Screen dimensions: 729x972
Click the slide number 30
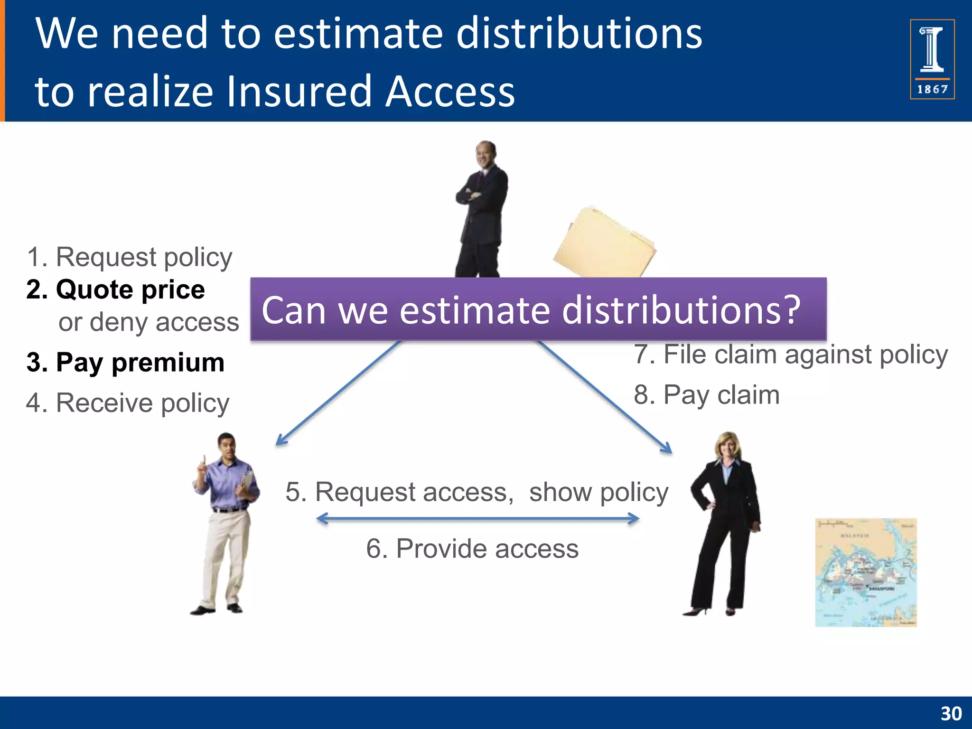point(951,713)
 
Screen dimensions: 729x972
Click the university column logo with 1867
point(932,59)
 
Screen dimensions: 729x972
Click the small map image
point(866,572)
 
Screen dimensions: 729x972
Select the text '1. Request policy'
point(129,257)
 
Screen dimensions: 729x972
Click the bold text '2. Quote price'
point(116,290)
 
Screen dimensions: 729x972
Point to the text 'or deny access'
point(149,322)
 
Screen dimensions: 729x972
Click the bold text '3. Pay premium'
point(125,363)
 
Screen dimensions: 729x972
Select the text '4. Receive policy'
point(128,403)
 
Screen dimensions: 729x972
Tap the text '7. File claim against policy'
point(791,355)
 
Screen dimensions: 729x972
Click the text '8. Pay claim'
point(707,395)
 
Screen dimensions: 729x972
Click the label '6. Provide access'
point(472,549)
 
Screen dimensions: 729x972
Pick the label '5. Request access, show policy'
point(477,492)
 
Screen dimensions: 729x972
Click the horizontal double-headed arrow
point(477,519)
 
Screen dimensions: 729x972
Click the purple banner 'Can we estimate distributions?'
point(538,309)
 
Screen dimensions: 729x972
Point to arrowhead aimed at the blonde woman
point(667,449)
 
